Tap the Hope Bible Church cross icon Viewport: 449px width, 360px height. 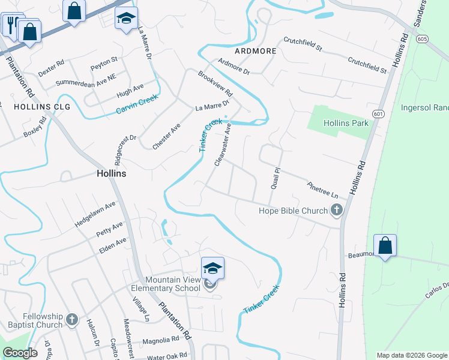click(x=336, y=210)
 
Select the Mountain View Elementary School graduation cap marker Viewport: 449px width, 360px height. click(x=212, y=268)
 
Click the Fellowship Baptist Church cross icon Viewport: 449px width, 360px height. click(x=72, y=320)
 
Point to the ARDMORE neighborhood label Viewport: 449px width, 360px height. click(x=256, y=51)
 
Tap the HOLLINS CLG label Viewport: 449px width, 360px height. click(x=42, y=107)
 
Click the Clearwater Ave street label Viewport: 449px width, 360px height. click(x=223, y=144)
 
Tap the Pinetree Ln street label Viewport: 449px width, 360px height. click(x=322, y=191)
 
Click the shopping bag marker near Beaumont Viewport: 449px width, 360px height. click(x=385, y=245)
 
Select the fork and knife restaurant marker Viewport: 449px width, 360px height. click(x=11, y=24)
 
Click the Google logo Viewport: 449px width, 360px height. click(x=20, y=353)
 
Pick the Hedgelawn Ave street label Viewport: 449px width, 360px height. click(x=95, y=214)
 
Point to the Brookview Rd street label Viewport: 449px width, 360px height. click(x=215, y=84)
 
